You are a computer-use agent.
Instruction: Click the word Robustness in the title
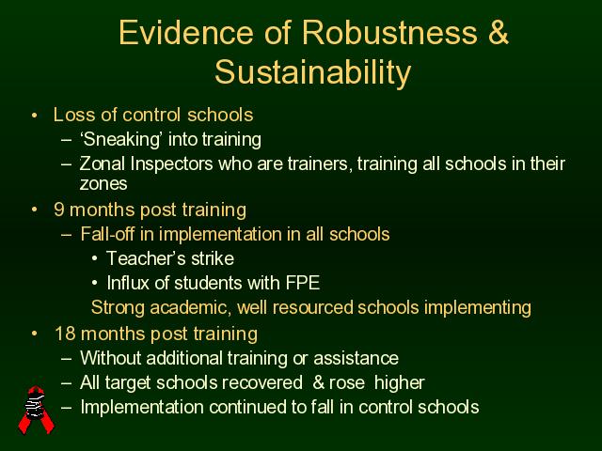pos(389,32)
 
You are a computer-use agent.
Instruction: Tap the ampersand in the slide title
pos(499,32)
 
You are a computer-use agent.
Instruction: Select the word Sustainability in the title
pos(313,73)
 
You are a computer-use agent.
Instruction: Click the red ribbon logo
pos(36,410)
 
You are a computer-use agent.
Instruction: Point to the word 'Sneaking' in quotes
pos(120,139)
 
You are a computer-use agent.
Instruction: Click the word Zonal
pos(103,163)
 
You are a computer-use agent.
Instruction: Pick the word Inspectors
pos(171,164)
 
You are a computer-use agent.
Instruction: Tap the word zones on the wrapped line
pos(103,184)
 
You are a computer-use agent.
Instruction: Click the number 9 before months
pos(58,210)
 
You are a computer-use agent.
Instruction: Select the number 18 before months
pos(65,334)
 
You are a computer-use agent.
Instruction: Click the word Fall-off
pos(107,234)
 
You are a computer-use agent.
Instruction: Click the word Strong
pos(118,308)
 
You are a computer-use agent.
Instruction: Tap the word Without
pos(111,358)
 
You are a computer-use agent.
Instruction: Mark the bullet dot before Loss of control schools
pos(35,115)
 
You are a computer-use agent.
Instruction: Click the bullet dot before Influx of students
pos(95,284)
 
